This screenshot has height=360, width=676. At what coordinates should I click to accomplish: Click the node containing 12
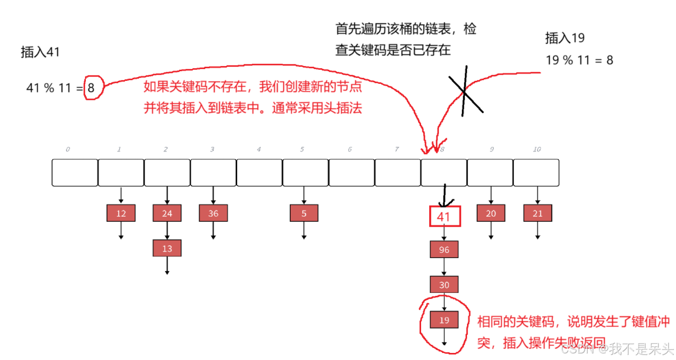coord(121,213)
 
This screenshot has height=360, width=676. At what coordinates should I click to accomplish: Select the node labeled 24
coord(167,213)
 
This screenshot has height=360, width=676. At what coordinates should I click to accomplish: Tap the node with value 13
coord(167,248)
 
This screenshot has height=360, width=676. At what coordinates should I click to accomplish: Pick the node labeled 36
coord(213,213)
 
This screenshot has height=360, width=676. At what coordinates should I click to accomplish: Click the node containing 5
coord(304,213)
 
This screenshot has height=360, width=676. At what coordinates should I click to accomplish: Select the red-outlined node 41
coord(444,216)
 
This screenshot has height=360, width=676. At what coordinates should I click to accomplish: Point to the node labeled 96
coord(444,249)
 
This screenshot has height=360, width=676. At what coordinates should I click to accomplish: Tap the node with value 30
coord(444,285)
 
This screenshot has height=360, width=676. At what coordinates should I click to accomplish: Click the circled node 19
coord(444,320)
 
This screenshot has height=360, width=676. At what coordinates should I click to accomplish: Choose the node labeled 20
coord(491,213)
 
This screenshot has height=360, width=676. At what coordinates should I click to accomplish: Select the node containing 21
coord(537,213)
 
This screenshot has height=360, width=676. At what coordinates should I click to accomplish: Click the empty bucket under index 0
coord(75,173)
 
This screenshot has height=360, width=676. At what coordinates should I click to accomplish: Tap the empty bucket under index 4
coord(259,173)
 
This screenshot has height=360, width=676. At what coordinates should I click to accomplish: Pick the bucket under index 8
coord(444,173)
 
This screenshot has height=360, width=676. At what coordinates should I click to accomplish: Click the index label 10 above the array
coord(537,149)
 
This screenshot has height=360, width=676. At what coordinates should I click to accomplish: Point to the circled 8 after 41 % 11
coord(91,88)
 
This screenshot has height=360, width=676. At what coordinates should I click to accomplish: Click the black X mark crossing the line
coord(465,91)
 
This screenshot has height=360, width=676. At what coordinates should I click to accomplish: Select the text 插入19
coord(564,38)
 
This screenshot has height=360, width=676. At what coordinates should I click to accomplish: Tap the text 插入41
coord(40,52)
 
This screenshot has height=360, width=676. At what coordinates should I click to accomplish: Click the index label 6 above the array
coord(350,149)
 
